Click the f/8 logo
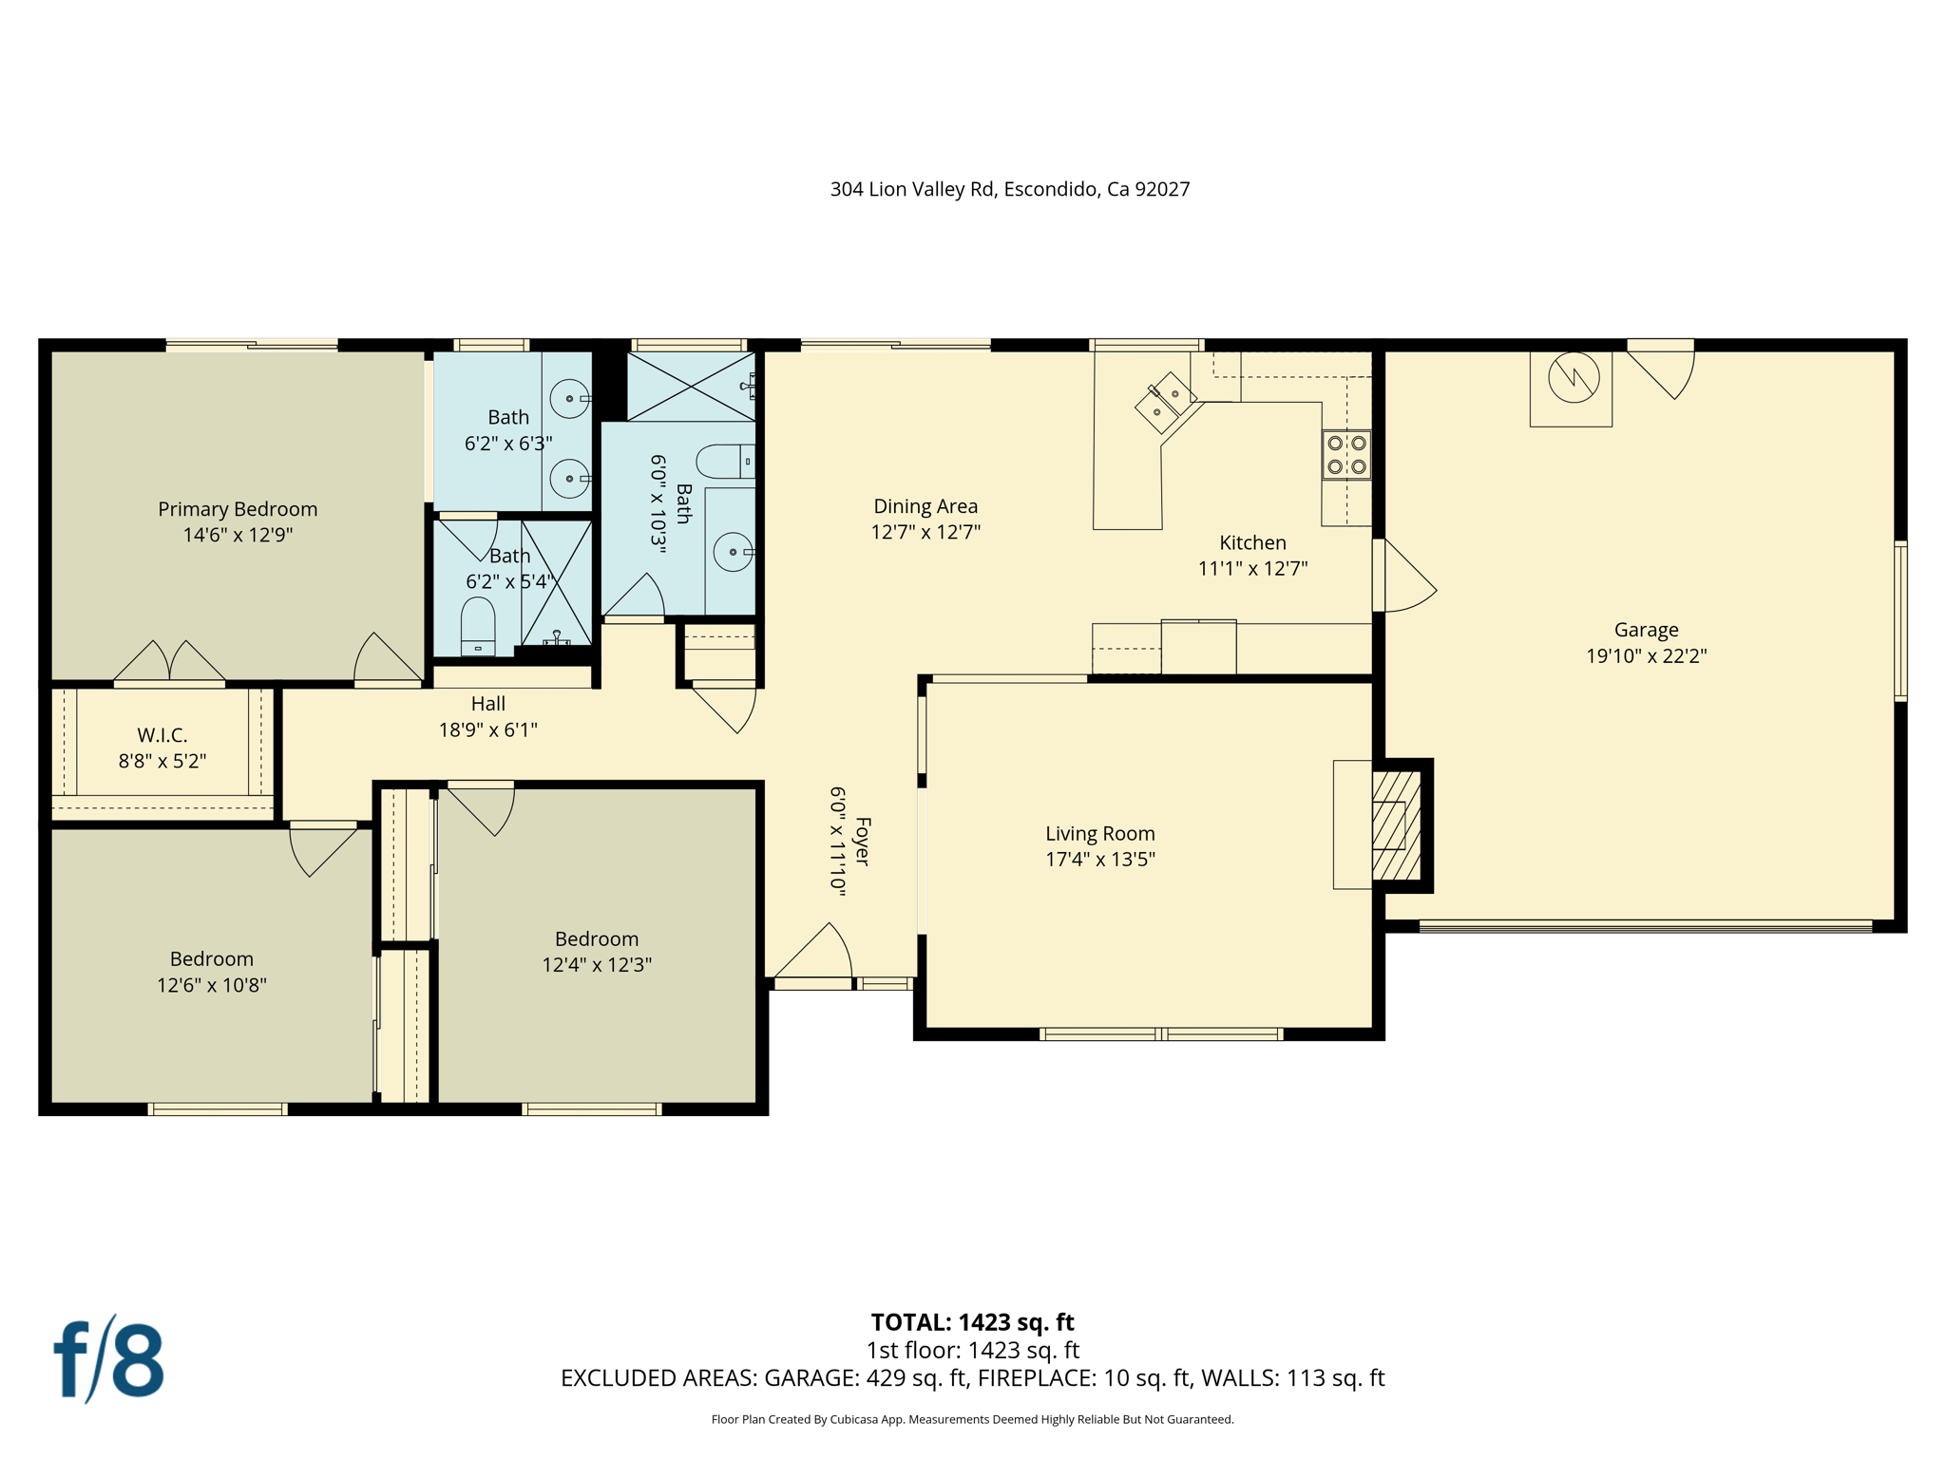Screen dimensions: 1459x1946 108,1359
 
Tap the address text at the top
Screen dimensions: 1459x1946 1009,189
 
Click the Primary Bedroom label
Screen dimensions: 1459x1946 238,509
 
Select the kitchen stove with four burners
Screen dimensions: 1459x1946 1346,455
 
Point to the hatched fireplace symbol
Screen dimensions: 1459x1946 1396,824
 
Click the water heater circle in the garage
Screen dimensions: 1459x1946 1574,378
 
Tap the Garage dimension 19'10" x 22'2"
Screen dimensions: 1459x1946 1646,655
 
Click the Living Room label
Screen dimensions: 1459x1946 1099,833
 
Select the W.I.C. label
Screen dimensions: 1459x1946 162,735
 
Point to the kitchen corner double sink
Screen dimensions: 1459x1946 1166,402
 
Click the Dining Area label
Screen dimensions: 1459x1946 925,506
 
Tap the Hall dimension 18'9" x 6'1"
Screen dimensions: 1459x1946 487,729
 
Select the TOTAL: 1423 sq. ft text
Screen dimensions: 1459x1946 972,1322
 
